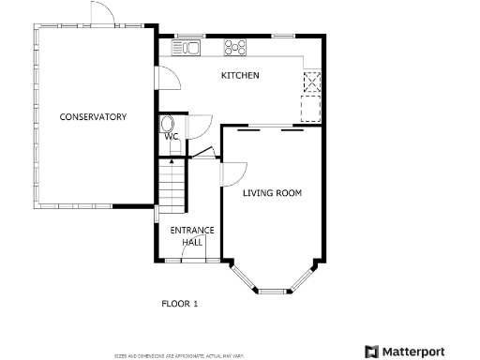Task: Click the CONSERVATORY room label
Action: click(93, 117)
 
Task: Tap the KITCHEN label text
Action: click(240, 75)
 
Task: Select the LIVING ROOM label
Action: click(272, 193)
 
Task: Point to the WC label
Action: click(172, 137)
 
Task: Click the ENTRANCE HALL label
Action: click(191, 235)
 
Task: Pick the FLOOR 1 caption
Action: click(181, 304)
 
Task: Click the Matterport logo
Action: click(416, 351)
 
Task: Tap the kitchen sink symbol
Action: click(188, 47)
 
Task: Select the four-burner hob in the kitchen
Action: click(234, 47)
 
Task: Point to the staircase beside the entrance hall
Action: click(172, 185)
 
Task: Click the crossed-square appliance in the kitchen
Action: click(310, 82)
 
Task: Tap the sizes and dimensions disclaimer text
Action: click(179, 356)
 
